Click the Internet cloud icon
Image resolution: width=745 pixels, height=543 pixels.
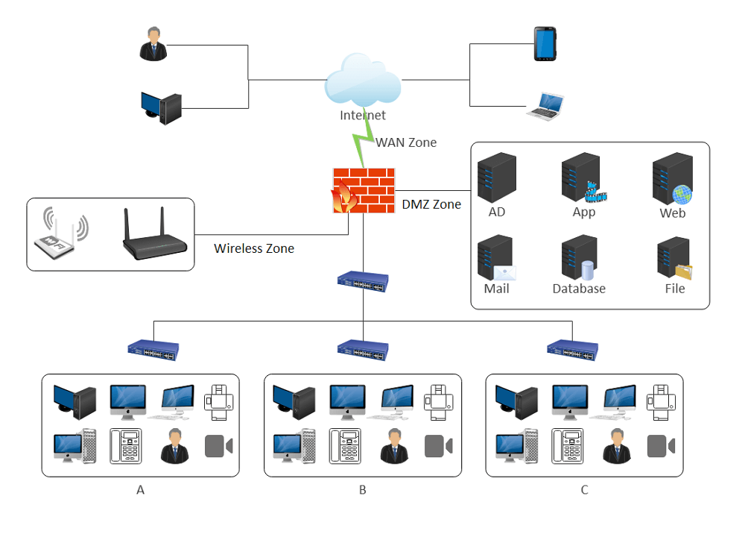point(363,83)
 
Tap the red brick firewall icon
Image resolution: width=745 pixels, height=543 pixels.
point(364,190)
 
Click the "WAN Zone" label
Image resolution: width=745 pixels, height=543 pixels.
point(406,142)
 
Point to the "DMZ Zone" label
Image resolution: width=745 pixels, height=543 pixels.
point(431,204)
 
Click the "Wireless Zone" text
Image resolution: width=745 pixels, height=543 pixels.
point(254,248)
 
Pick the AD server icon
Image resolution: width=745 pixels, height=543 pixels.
point(497,178)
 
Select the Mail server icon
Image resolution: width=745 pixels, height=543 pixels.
point(497,258)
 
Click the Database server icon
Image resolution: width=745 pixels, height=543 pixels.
point(579,258)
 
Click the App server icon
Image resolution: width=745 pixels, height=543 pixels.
point(582,178)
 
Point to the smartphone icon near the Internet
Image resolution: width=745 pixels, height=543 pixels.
point(545,45)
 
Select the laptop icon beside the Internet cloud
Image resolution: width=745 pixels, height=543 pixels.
point(545,106)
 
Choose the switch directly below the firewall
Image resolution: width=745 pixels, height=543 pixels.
point(363,280)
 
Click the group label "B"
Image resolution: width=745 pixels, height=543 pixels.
point(363,490)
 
